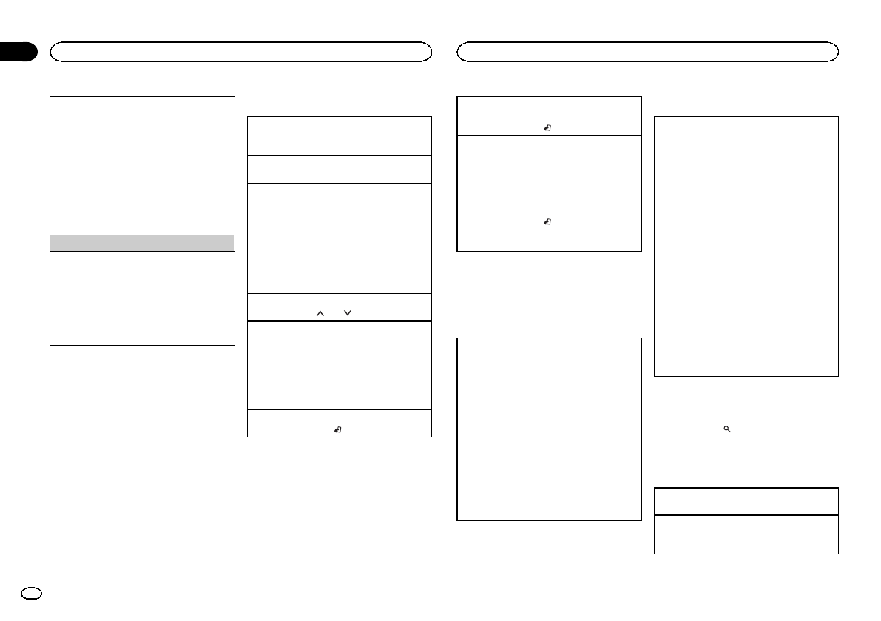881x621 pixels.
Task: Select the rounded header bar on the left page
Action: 240,52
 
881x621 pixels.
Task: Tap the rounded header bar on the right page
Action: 647,52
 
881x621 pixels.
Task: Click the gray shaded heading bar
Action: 142,243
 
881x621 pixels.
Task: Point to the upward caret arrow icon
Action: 320,314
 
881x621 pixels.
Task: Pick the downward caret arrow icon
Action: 347,314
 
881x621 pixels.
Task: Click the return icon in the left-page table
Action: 337,429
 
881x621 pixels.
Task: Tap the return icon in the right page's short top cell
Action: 547,127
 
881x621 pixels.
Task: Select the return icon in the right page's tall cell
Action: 547,221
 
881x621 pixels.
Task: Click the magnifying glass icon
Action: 727,429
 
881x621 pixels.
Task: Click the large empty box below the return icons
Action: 548,429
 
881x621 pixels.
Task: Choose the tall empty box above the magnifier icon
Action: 746,246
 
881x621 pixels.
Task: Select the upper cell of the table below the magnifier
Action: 746,501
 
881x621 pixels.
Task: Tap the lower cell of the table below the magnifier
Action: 746,534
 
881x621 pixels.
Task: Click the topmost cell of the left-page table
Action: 339,135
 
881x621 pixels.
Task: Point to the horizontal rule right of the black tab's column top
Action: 142,95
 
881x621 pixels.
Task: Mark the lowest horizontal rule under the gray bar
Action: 142,344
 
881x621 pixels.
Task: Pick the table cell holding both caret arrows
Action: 339,307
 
